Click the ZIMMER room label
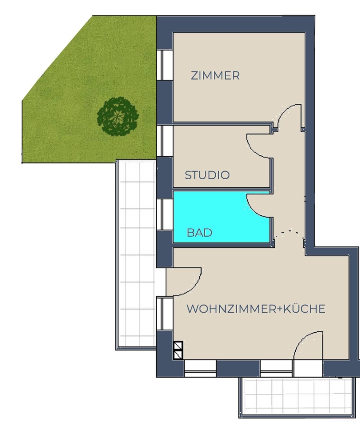(215, 75)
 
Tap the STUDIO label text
(207, 175)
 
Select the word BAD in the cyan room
(199, 233)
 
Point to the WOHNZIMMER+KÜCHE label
(256, 308)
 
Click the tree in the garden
(118, 117)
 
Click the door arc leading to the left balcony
(194, 287)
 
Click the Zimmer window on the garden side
(165, 65)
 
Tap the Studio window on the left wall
(165, 141)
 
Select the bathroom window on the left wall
(165, 214)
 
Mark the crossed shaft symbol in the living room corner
(178, 350)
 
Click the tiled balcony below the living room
(299, 397)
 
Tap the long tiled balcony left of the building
(136, 255)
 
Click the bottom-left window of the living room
(200, 368)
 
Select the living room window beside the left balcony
(165, 314)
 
